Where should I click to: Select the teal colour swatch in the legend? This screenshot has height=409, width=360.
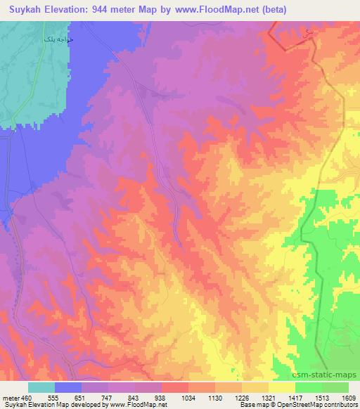coord(41,387)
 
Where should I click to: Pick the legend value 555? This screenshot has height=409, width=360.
coord(53,398)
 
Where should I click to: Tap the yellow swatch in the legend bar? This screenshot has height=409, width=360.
coord(281,387)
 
